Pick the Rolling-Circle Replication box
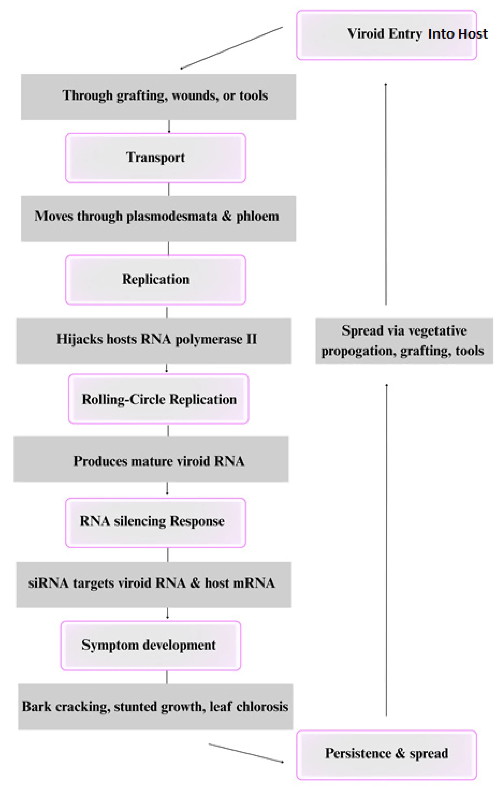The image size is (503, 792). [x=159, y=399]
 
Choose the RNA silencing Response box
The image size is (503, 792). [x=155, y=521]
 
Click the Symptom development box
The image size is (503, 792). [x=151, y=645]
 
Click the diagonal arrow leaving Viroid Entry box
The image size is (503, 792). [x=231, y=48]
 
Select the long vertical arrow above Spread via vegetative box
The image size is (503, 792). [x=386, y=194]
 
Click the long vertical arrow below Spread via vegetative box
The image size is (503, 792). [x=386, y=549]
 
